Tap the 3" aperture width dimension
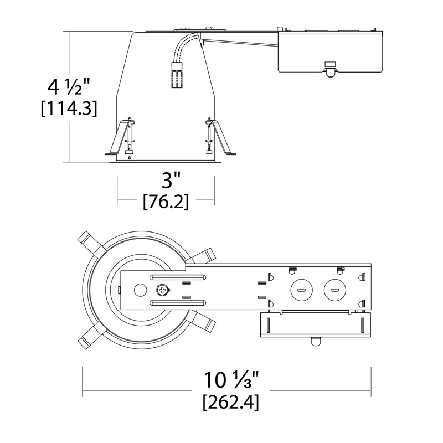click(166, 182)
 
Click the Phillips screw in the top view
click(163, 290)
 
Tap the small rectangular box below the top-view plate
click(315, 323)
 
